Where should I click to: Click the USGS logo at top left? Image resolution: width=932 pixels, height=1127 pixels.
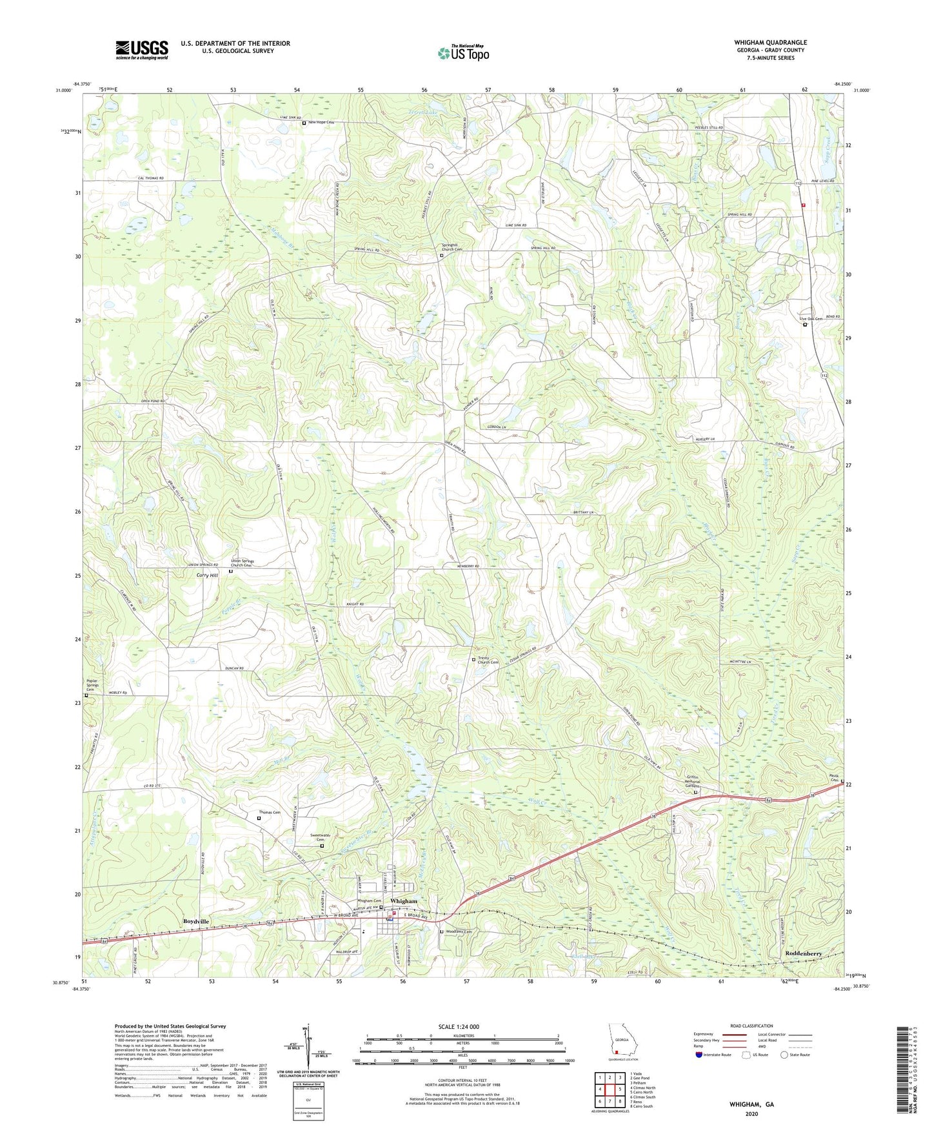pyautogui.click(x=142, y=50)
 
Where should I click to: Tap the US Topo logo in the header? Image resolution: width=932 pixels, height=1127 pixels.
pyautogui.click(x=463, y=53)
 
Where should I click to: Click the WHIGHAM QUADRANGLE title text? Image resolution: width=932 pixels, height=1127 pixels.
pyautogui.click(x=770, y=43)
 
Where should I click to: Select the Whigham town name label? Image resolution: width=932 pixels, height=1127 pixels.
pyautogui.click(x=403, y=901)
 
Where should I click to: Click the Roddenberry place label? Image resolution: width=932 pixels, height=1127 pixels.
pyautogui.click(x=803, y=953)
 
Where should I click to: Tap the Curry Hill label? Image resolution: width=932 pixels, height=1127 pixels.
pyautogui.click(x=207, y=575)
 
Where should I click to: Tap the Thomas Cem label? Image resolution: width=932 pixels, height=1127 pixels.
pyautogui.click(x=270, y=813)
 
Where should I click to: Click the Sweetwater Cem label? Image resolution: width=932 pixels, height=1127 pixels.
pyautogui.click(x=321, y=838)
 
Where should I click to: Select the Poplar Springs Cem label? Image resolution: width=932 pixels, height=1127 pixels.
pyautogui.click(x=94, y=686)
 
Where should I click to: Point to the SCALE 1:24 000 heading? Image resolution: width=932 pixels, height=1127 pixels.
pyautogui.click(x=458, y=1027)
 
